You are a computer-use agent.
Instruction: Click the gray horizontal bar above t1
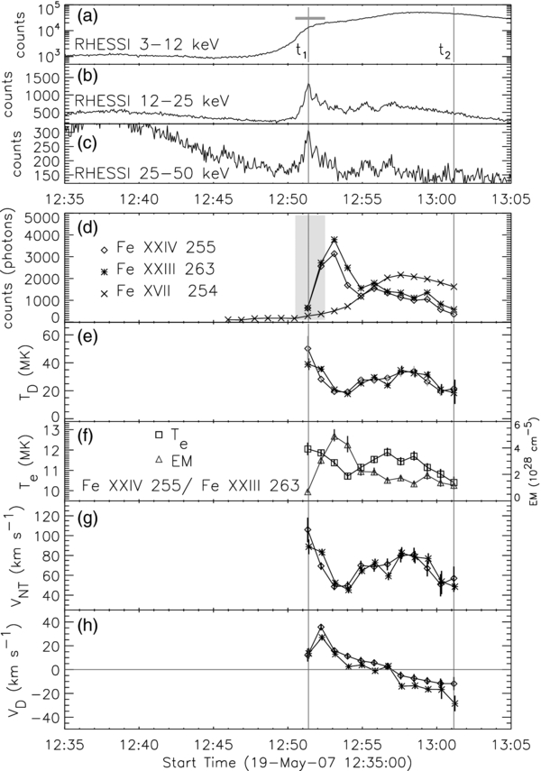pyautogui.click(x=310, y=18)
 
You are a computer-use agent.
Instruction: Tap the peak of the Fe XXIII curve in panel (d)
pyautogui.click(x=335, y=240)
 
